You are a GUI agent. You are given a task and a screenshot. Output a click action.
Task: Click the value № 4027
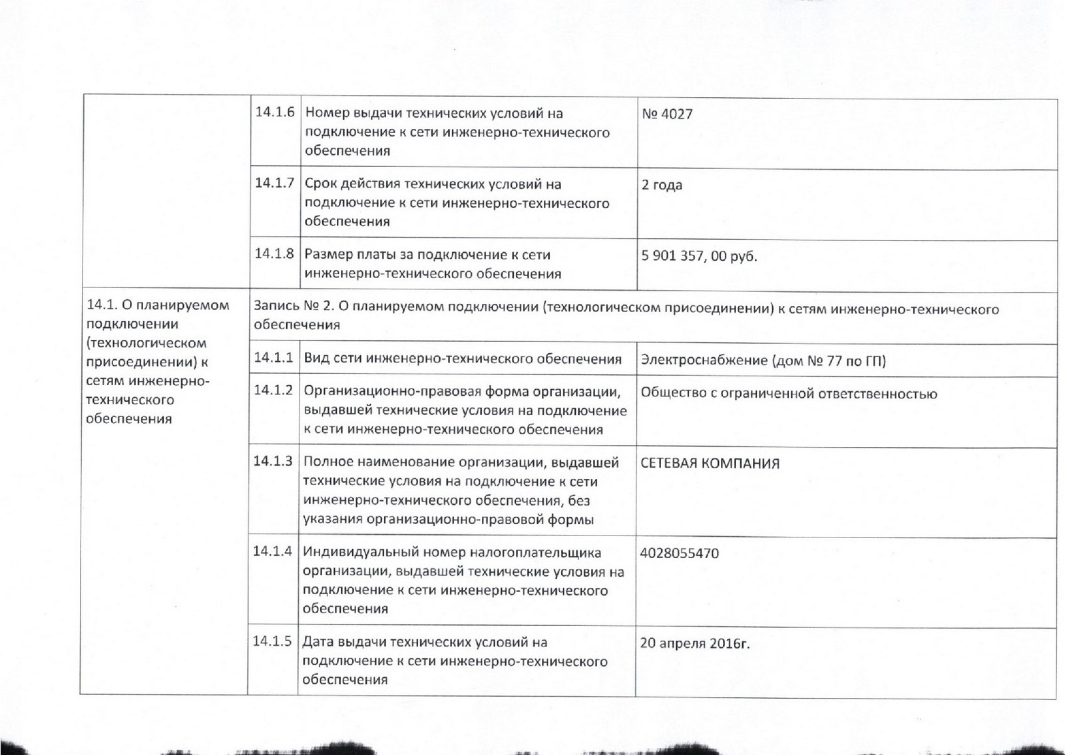(x=667, y=114)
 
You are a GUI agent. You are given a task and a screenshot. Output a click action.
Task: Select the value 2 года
(x=662, y=185)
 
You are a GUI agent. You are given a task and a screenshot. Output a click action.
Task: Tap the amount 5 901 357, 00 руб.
(x=699, y=256)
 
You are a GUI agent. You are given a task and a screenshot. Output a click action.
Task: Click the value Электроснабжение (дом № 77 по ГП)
(x=763, y=361)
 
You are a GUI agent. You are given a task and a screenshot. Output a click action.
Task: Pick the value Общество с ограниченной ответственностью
(x=789, y=394)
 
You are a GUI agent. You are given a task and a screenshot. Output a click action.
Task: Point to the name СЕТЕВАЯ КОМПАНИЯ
(x=710, y=464)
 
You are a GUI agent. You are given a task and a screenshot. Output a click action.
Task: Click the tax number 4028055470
(x=679, y=553)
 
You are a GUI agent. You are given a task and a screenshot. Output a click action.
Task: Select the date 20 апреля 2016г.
(x=694, y=643)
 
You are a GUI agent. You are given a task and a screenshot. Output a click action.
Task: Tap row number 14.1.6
(x=274, y=112)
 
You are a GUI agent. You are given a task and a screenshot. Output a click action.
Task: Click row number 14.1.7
(x=274, y=183)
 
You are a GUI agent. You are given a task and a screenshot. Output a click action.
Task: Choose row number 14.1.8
(x=274, y=253)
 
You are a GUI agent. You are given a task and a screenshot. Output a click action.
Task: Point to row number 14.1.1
(x=273, y=357)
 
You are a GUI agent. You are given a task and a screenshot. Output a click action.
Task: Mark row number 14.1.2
(x=273, y=390)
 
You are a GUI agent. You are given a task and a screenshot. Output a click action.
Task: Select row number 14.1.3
(x=273, y=460)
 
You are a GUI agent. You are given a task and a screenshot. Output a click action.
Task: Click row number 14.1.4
(x=272, y=551)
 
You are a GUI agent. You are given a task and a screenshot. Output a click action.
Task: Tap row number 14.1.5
(x=272, y=642)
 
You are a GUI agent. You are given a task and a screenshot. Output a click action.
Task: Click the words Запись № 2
(x=293, y=308)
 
